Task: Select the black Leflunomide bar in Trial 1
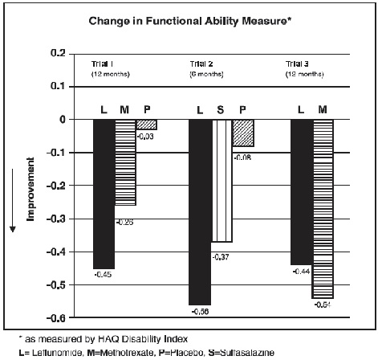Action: click(103, 194)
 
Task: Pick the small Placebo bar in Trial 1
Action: click(146, 125)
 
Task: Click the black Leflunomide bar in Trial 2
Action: click(200, 212)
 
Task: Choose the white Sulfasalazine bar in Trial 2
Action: click(221, 181)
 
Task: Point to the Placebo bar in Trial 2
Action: click(243, 133)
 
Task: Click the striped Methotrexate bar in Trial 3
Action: click(323, 209)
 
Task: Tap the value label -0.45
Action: click(103, 276)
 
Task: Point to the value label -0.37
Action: click(221, 256)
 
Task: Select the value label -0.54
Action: click(323, 305)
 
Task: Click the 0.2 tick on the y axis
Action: click(57, 53)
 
